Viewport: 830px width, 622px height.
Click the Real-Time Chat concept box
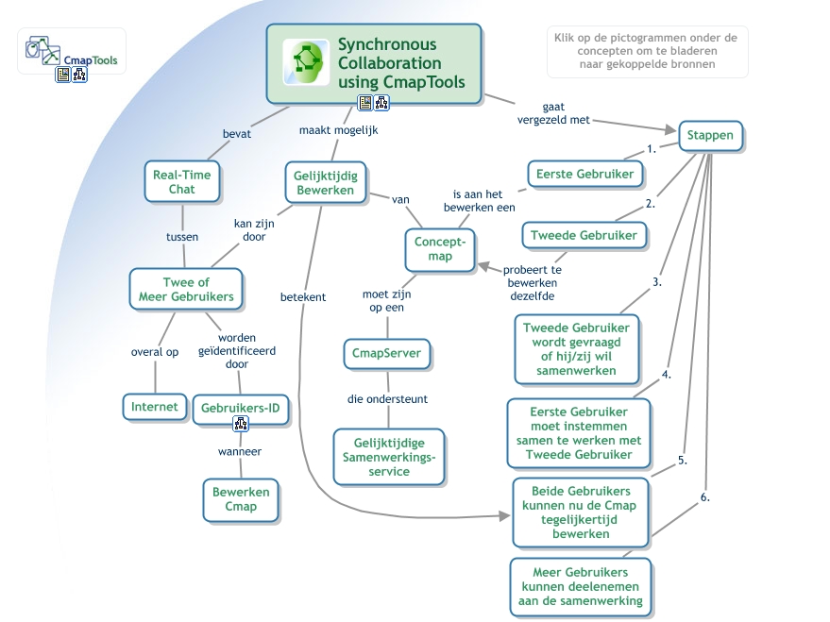tap(181, 181)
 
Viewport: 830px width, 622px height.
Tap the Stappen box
tap(711, 136)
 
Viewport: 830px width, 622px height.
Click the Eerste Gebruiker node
tap(584, 174)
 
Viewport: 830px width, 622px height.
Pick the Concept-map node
tap(439, 248)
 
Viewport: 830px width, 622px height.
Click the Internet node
tap(154, 407)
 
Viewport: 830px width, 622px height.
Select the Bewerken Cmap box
tap(240, 499)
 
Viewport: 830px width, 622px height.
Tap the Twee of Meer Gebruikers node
tap(185, 289)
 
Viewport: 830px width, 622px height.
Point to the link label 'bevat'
tap(236, 134)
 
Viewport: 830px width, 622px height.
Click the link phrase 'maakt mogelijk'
tap(338, 130)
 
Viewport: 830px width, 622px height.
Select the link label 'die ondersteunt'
tap(387, 399)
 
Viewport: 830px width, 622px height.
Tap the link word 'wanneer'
tap(240, 451)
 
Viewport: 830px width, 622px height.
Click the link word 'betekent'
tap(302, 296)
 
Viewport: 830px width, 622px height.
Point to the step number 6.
tap(704, 496)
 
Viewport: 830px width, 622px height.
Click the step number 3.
tap(656, 281)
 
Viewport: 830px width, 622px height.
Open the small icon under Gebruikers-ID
tap(240, 424)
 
